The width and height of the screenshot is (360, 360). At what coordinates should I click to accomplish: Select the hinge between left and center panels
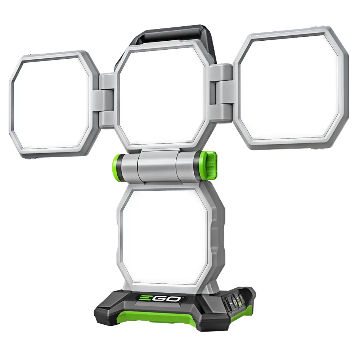point(107,97)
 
